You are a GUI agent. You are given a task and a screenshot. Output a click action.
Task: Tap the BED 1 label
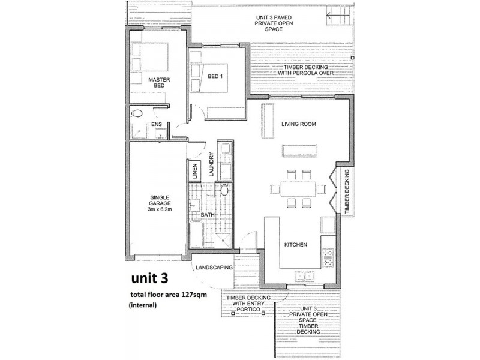click(215, 77)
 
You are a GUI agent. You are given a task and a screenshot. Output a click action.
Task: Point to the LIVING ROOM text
click(298, 124)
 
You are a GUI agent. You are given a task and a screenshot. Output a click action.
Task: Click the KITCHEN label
click(296, 245)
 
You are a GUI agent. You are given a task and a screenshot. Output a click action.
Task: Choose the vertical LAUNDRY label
click(211, 163)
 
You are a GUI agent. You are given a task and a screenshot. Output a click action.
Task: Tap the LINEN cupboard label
click(194, 171)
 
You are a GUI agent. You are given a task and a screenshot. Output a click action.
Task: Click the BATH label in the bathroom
click(208, 214)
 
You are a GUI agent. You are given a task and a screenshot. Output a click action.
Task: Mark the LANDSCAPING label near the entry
click(214, 268)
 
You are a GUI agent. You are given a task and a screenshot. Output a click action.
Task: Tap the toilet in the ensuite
click(137, 113)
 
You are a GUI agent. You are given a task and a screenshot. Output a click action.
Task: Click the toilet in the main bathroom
click(224, 191)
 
